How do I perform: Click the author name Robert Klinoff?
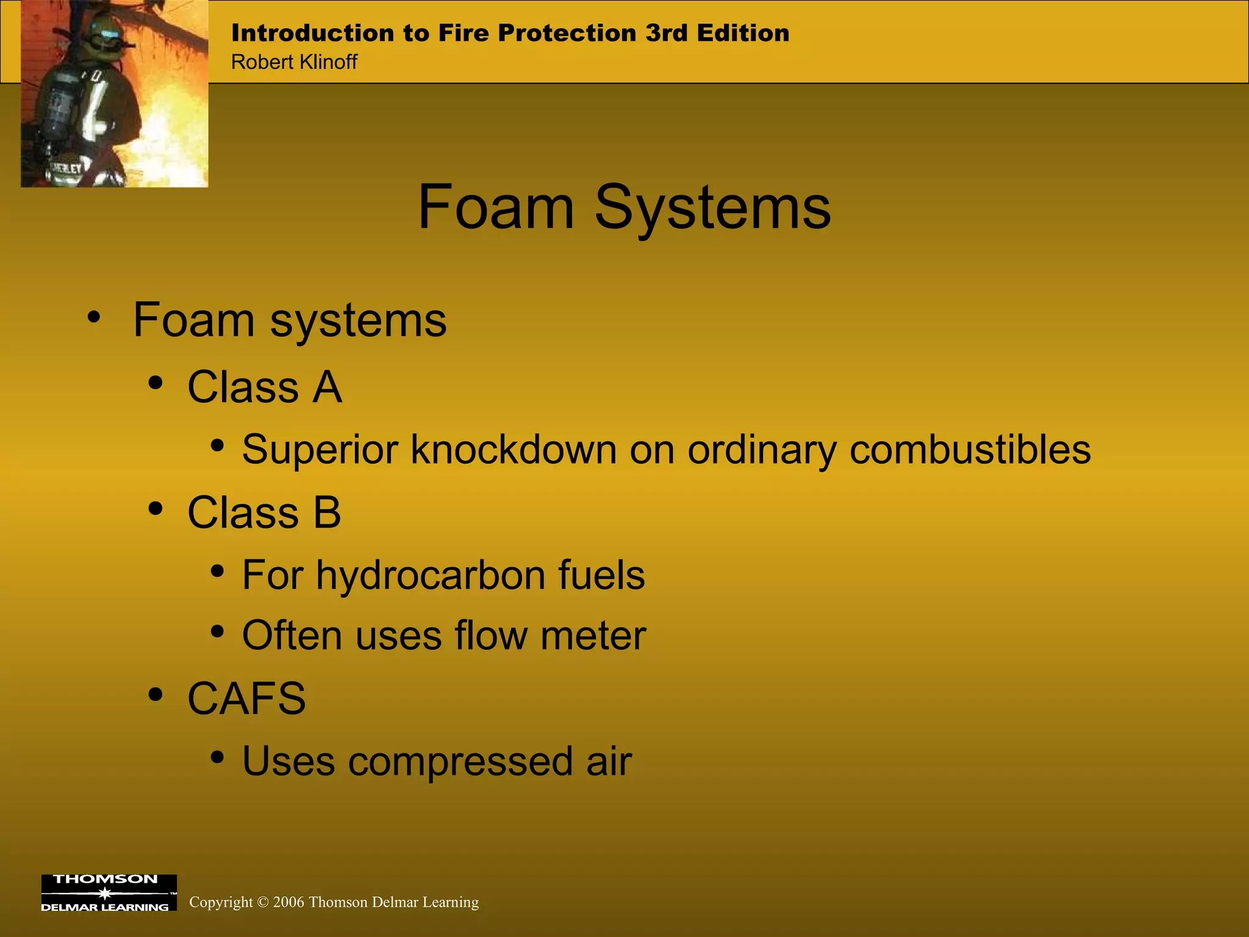294,62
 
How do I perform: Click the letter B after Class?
327,512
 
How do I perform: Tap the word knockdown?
514,450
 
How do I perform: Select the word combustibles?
970,450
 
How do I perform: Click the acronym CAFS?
246,698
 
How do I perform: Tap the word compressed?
460,762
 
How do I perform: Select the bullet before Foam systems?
93,317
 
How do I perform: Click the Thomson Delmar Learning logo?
109,893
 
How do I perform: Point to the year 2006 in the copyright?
288,902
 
